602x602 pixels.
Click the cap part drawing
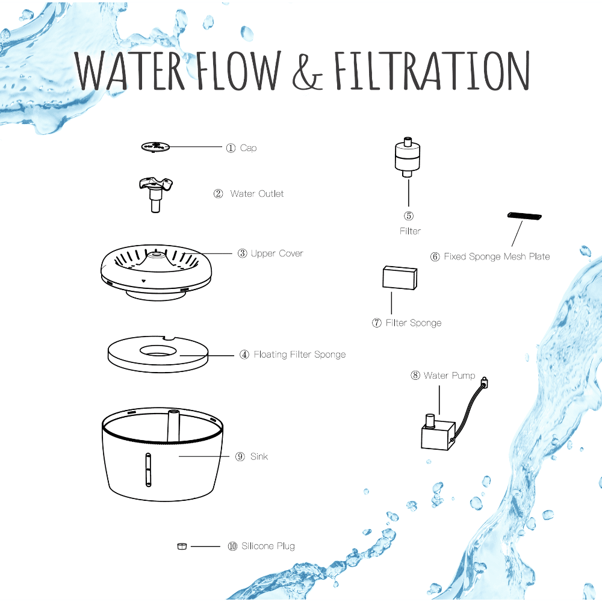(155, 147)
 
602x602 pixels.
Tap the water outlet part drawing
(155, 194)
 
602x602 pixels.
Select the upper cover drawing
(156, 272)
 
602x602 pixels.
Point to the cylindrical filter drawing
(408, 157)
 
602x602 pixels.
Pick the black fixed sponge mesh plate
(524, 216)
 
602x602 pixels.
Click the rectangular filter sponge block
(400, 278)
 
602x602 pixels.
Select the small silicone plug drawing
(182, 546)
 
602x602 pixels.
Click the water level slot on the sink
(148, 470)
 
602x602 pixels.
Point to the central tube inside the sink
(173, 426)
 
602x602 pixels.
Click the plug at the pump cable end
(485, 382)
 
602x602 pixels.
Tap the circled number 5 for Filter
(409, 216)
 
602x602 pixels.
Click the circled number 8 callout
(415, 375)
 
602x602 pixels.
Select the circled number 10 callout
(232, 546)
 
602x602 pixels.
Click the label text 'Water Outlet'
(257, 193)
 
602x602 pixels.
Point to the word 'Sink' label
(259, 456)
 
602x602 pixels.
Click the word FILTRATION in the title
(432, 70)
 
